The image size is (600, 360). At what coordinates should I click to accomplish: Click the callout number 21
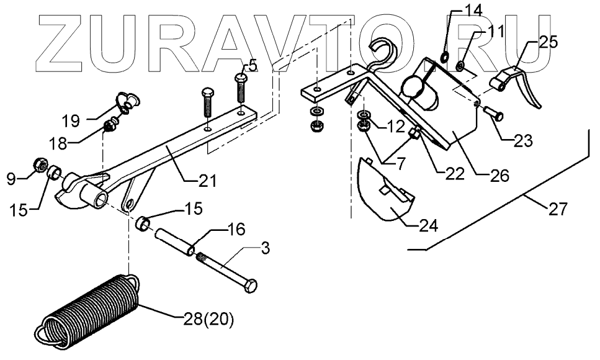point(207,181)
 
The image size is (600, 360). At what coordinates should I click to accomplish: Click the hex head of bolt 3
point(251,287)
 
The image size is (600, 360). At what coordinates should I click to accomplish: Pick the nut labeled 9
point(37,165)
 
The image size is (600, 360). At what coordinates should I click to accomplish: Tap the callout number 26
point(498,175)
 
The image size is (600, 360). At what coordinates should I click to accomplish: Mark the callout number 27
point(558,209)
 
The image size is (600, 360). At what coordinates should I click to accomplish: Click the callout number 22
point(455,174)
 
